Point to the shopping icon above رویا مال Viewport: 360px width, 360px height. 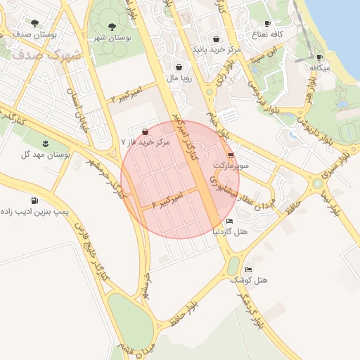pos(179,67)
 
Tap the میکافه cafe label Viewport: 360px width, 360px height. pos(320,68)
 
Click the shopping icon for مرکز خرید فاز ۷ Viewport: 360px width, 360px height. pos(145,131)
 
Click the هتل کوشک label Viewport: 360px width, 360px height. pos(252,280)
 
